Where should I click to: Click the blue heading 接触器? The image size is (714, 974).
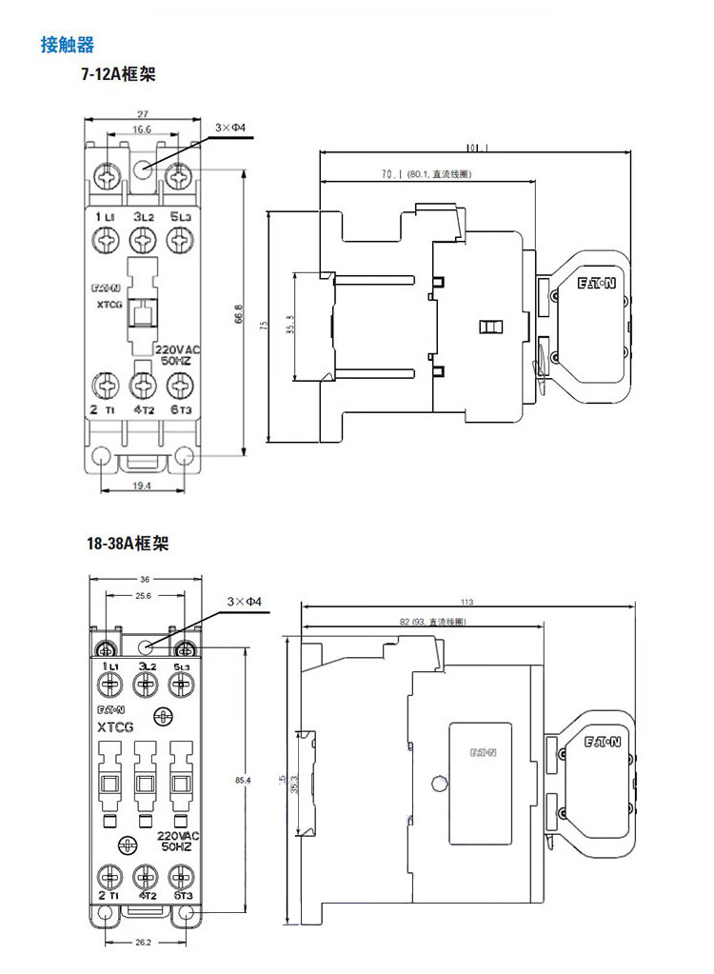click(67, 44)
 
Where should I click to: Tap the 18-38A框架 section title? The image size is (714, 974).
click(127, 544)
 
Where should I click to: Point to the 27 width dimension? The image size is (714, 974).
click(141, 113)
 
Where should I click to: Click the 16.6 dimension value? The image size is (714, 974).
click(141, 129)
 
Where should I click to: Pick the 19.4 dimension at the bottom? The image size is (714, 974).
click(143, 486)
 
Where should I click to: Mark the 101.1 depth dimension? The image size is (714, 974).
click(477, 148)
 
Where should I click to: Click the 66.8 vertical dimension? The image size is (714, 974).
click(238, 313)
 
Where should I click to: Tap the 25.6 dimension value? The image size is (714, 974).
click(144, 596)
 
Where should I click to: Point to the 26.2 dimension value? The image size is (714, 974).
click(144, 944)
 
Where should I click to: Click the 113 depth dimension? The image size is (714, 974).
click(466, 602)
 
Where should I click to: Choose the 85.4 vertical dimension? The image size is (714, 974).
click(242, 782)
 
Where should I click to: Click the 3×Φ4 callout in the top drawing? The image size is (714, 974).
click(230, 127)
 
